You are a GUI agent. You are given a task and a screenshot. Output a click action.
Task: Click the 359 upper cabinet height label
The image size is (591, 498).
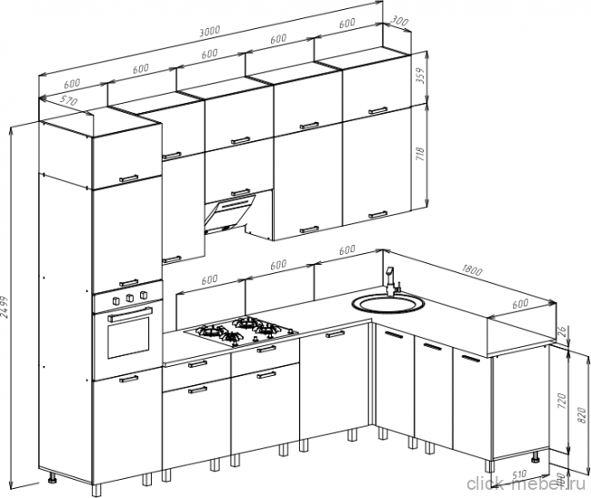click(420, 76)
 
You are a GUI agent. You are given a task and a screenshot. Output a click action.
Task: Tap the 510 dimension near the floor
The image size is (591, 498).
click(520, 474)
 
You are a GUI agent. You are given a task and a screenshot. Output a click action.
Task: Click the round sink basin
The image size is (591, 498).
click(386, 302)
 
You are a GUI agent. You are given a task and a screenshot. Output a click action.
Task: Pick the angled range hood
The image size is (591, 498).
click(234, 211)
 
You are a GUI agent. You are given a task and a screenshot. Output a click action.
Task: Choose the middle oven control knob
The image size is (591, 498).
click(130, 298)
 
